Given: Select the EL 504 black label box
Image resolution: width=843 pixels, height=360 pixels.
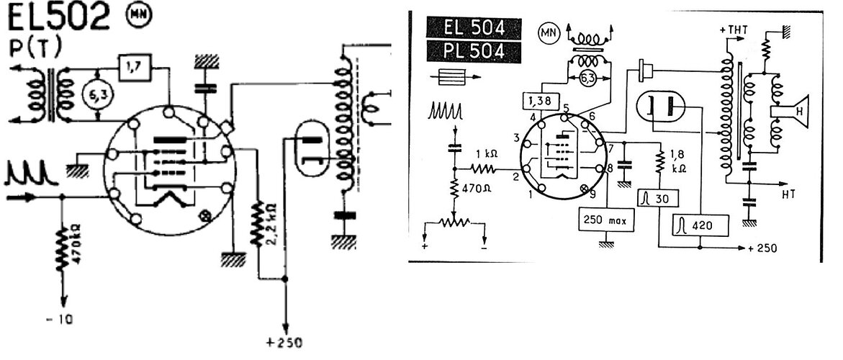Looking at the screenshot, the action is (x=474, y=29).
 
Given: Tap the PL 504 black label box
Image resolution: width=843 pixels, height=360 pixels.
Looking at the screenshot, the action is (x=474, y=52).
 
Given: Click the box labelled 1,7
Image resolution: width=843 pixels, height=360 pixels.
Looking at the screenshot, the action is (x=135, y=67).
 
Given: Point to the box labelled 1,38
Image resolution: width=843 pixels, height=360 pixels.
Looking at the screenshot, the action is (x=541, y=100).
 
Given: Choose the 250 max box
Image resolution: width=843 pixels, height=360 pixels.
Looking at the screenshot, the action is (x=606, y=220).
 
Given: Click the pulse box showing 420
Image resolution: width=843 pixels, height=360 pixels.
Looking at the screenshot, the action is (x=700, y=225).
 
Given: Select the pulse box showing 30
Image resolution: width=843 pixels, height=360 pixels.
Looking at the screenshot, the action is (x=659, y=199).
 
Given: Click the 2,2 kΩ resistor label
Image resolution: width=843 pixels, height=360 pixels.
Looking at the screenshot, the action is (x=272, y=222).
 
